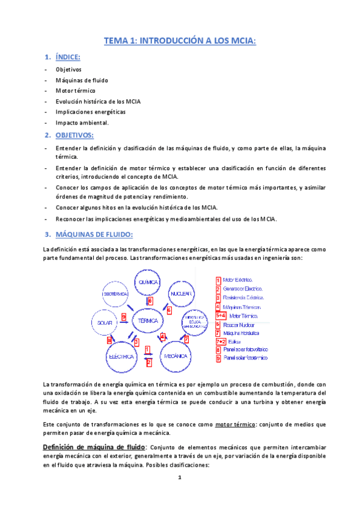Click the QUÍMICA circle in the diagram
[148, 282]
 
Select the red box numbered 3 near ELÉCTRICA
[136, 342]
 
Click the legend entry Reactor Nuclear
[239, 324]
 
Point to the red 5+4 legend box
[221, 315]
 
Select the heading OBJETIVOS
[75, 135]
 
